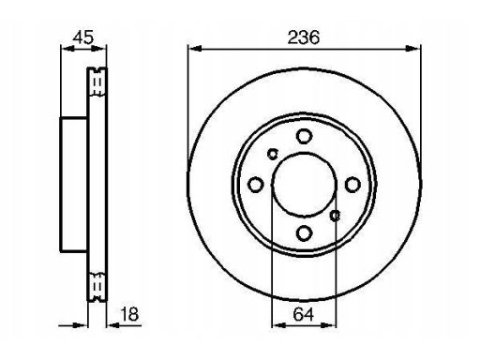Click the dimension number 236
tap(304, 37)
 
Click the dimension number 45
tap(83, 37)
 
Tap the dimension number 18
tap(129, 314)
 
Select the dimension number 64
tap(304, 314)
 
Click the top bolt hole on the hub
tap(304, 136)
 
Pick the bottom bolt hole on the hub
tap(304, 233)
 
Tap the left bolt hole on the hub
tap(255, 185)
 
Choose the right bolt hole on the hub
tap(352, 185)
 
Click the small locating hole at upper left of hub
tap(273, 154)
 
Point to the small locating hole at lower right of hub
tap(336, 216)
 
